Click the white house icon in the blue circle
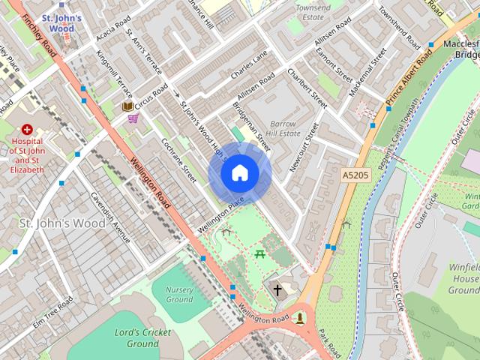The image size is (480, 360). [239, 173]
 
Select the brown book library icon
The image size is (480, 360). [127, 106]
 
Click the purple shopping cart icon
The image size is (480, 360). [133, 118]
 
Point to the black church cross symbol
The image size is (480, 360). [277, 289]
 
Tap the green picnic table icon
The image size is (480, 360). [260, 254]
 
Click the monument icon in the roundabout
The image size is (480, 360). [301, 318]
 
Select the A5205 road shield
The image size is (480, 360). [355, 174]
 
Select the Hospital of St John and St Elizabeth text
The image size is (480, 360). [28, 154]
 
